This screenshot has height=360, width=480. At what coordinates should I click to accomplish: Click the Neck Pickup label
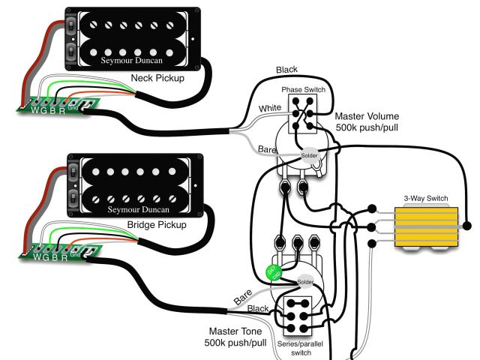point(157,78)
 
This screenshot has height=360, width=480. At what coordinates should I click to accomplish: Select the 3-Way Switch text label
point(426,199)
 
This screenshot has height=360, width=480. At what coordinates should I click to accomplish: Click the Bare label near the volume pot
point(266,150)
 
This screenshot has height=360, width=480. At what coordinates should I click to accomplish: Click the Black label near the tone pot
point(257,308)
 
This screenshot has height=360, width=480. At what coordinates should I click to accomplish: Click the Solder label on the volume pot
point(309,156)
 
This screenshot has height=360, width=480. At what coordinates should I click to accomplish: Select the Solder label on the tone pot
point(304,282)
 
